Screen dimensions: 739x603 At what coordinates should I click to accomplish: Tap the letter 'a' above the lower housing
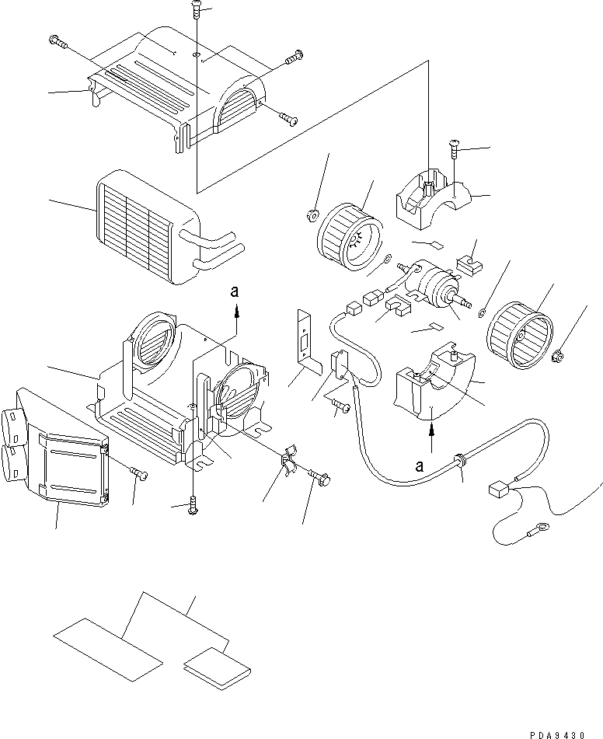[234, 293]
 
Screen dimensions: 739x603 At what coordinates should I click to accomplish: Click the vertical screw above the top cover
[195, 12]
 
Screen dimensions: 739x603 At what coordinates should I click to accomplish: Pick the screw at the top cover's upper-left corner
[57, 40]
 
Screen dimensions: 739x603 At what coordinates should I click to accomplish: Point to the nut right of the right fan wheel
[559, 357]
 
